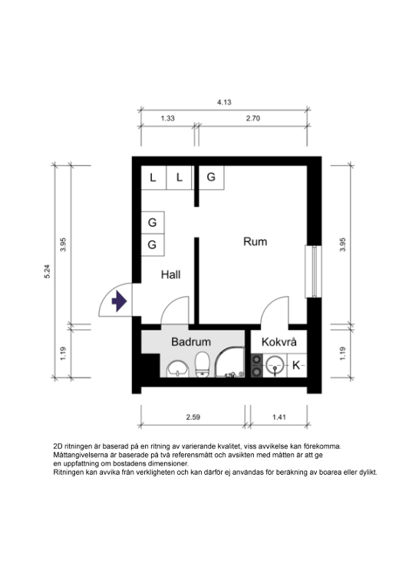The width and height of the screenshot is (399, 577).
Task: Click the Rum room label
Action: [255, 242]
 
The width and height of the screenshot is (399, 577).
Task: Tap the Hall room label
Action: [170, 274]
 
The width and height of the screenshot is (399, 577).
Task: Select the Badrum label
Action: [191, 342]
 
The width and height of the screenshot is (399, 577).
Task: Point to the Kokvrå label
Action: [279, 342]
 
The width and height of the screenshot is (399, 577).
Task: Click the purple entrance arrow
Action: [119, 301]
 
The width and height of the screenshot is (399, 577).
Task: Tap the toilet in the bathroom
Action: [202, 365]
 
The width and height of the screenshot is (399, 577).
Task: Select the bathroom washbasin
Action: [178, 369]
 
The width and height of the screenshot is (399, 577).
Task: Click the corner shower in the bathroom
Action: [229, 362]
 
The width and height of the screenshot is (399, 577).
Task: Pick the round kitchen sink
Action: [275, 366]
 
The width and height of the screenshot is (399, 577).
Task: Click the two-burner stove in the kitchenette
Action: [257, 366]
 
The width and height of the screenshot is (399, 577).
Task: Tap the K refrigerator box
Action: [296, 366]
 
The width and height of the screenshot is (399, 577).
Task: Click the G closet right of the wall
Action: [211, 177]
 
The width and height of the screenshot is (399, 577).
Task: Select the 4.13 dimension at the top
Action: [224, 102]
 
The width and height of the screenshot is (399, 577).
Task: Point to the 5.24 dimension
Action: [47, 271]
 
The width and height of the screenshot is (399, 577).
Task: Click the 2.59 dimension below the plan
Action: [193, 417]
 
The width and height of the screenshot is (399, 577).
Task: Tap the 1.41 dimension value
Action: [279, 417]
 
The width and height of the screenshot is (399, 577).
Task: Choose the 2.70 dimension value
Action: [252, 118]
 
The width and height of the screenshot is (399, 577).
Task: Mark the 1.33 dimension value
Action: [167, 118]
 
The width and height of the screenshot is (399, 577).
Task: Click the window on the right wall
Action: [313, 271]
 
